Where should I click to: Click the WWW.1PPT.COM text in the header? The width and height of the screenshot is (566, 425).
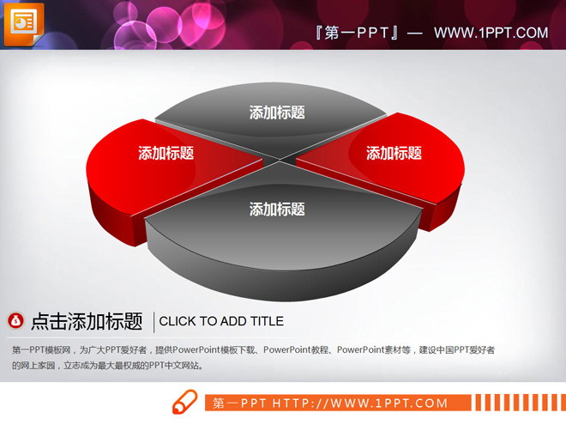point(491,33)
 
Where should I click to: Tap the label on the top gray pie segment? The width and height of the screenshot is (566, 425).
point(276,112)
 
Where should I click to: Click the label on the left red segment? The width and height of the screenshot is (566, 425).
point(166,154)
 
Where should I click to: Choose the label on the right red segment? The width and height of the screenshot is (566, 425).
point(394,154)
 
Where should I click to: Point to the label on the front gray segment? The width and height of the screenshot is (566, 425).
point(276,209)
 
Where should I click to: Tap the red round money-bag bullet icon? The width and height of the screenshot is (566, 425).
point(16,321)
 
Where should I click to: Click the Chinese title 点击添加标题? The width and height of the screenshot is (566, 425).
point(86,322)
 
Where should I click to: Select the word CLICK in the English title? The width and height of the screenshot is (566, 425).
point(178,322)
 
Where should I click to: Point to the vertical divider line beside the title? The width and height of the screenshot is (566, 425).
point(154,322)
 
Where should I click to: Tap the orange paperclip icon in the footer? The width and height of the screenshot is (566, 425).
point(184,403)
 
